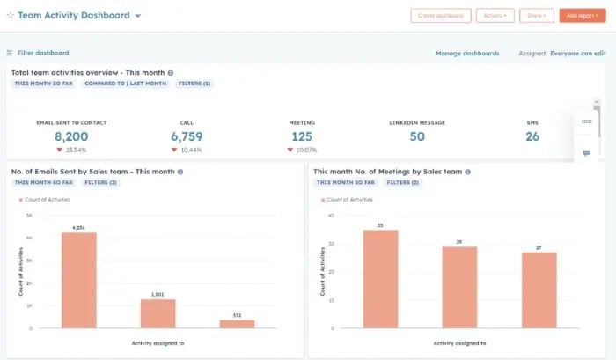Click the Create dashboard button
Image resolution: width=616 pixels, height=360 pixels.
pos(440,15)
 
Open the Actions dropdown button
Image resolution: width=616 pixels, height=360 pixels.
pos(495,15)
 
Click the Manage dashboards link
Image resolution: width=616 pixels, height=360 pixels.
pos(467,54)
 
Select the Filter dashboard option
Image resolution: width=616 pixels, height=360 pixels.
pos(38,53)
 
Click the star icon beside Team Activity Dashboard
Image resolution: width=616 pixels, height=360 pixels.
pos(10,16)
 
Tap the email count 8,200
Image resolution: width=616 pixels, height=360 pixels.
pos(71,136)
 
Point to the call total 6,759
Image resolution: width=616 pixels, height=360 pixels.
pos(187,136)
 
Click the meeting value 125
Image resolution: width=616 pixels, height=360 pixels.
pos(302,136)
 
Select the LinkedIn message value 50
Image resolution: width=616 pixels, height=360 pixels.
pos(417,136)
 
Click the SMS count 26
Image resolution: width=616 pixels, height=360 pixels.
pos(532,136)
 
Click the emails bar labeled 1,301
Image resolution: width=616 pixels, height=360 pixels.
pos(158,313)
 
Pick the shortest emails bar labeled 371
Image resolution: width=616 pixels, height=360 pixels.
pos(237,324)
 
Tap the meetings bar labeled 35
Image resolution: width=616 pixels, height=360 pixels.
pos(380,279)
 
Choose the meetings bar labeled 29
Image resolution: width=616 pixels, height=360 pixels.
pos(459,287)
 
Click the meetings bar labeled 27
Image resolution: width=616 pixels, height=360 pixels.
pos(539,290)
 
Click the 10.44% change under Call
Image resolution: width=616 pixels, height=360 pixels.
pos(190,151)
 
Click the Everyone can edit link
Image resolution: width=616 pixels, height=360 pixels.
pos(577,54)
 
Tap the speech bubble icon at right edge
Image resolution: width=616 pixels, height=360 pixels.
pos(586,153)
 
